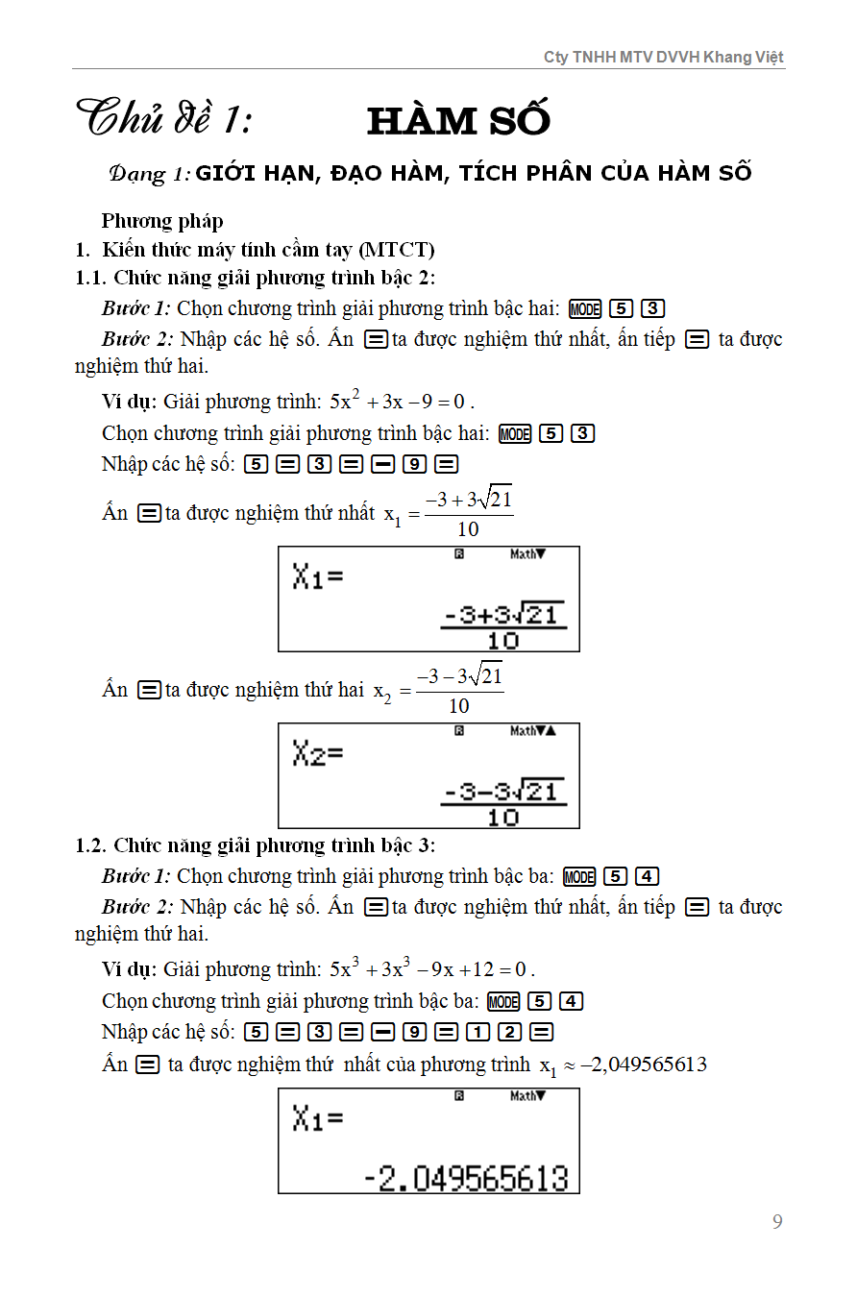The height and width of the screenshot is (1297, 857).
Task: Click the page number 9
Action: pos(777,1222)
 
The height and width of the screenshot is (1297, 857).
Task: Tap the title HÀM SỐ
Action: pos(458,121)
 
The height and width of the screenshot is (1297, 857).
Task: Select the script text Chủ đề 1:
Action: pos(164,120)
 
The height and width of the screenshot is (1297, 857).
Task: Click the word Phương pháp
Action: pos(162,221)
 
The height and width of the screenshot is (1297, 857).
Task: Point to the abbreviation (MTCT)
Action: pos(396,250)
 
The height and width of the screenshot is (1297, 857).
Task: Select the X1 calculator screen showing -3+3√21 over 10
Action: pos(428,600)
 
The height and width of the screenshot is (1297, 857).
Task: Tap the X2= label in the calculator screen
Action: pos(318,754)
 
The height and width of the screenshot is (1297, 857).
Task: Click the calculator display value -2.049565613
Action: pos(466,1177)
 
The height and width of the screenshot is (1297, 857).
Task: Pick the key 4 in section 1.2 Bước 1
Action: pos(647,876)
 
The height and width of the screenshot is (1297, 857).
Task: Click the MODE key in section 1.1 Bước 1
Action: pos(584,309)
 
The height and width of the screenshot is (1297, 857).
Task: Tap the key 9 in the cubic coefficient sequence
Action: pos(414,1032)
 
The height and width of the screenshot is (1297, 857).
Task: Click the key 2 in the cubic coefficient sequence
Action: pos(509,1032)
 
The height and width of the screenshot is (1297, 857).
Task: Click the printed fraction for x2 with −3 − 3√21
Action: pos(459,690)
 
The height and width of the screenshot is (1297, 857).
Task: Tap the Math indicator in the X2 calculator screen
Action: pos(525,731)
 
